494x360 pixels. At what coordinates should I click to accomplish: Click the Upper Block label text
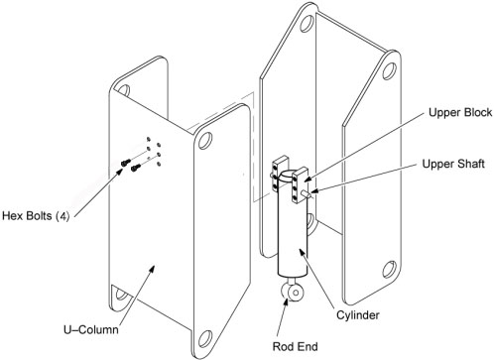pyautogui.click(x=460, y=113)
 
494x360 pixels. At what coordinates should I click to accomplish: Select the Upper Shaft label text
pyautogui.click(x=453, y=164)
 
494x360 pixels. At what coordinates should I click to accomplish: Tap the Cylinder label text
pyautogui.click(x=358, y=315)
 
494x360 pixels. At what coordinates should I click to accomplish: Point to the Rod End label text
pyautogui.click(x=295, y=346)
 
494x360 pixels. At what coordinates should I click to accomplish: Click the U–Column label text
pyautogui.click(x=91, y=329)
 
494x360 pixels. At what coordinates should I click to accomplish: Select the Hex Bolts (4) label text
pyautogui.click(x=36, y=216)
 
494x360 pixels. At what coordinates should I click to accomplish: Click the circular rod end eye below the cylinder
pyautogui.click(x=291, y=293)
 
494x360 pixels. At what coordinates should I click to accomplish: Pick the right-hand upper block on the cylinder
pyautogui.click(x=300, y=184)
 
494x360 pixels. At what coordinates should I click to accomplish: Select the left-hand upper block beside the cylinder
pyautogui.click(x=280, y=174)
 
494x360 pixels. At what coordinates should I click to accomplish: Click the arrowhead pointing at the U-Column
pyautogui.click(x=151, y=269)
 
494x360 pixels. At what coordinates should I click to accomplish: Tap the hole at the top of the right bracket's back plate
pyautogui.click(x=307, y=23)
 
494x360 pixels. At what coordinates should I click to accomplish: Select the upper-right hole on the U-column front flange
pyautogui.click(x=205, y=141)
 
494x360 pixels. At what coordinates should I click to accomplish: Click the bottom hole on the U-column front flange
pyautogui.click(x=205, y=339)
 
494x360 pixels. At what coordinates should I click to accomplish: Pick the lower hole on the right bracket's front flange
pyautogui.click(x=390, y=270)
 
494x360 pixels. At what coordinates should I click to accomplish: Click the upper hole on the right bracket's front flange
pyautogui.click(x=390, y=70)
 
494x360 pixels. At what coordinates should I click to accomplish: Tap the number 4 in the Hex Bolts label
pyautogui.click(x=62, y=216)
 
